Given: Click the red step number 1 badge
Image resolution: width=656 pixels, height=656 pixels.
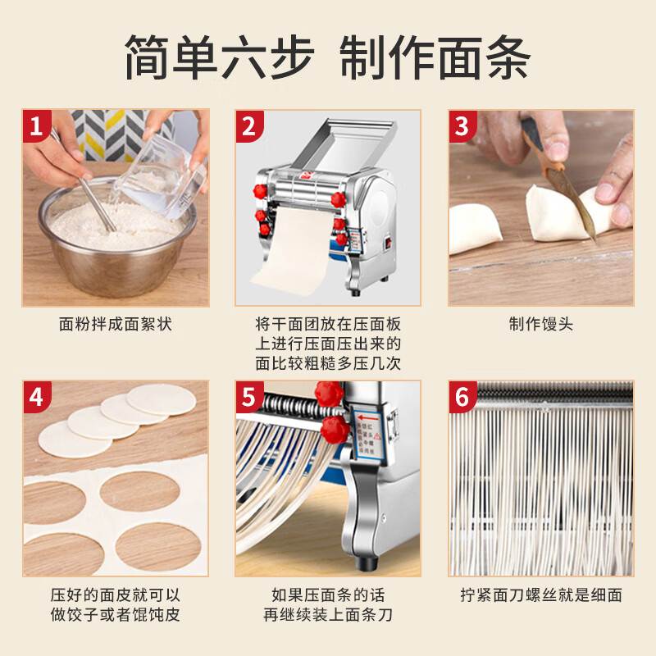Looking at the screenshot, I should coord(36,126).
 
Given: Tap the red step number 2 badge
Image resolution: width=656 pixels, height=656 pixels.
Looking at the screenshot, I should coord(249,126).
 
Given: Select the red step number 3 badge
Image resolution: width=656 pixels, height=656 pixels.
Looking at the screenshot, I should coord(462,126).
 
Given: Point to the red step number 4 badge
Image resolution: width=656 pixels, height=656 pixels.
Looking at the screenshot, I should coord(36,398).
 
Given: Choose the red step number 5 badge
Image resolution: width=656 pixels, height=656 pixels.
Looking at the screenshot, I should coord(249,398).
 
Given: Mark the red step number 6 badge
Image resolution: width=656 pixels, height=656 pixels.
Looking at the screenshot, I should coord(462,398).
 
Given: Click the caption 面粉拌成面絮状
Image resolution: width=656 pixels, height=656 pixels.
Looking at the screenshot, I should coord(116,324).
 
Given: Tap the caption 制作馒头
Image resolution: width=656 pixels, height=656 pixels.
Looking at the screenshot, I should coord(540,324).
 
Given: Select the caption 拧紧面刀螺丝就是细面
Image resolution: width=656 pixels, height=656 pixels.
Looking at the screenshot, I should coord(540,595).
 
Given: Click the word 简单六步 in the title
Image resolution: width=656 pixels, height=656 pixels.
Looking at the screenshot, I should coord(219,57).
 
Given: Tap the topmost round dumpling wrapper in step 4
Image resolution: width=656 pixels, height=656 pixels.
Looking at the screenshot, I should coord(162,399).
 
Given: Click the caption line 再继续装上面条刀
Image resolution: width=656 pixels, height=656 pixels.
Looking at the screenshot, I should coord(328,615).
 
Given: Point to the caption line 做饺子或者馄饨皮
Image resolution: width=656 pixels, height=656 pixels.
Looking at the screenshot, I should coord(116,615).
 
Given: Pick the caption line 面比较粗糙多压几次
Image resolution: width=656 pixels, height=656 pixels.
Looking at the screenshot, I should coord(328,363).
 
